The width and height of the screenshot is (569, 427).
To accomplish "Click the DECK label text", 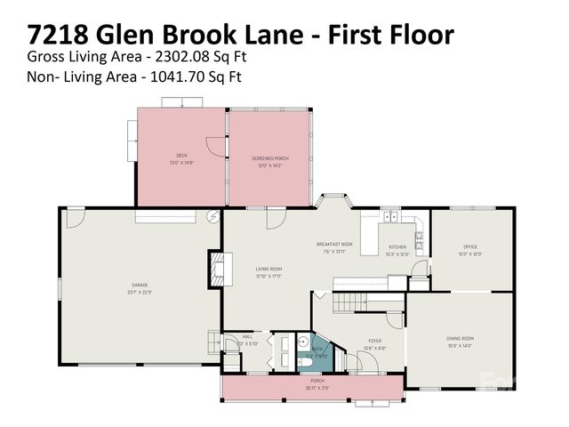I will (181, 156).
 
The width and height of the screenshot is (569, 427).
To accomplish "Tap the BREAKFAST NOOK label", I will (335, 244).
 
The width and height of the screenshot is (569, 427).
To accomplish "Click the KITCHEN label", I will (397, 246).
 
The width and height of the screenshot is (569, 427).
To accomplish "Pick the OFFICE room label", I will (470, 246).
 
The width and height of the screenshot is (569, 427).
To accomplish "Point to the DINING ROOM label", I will (460, 338).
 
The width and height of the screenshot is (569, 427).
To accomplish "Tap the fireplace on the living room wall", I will (215, 268).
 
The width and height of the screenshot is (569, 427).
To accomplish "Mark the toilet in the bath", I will (304, 363).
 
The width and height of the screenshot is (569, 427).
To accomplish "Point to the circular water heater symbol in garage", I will (212, 216).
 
